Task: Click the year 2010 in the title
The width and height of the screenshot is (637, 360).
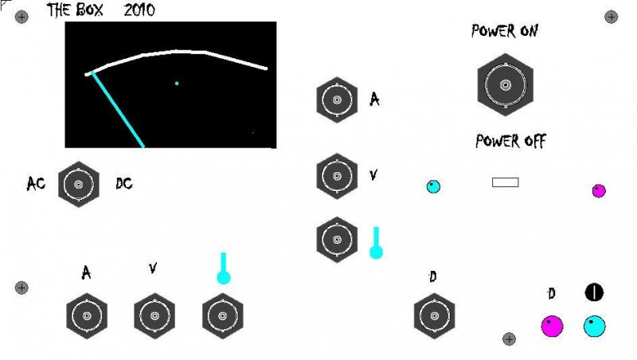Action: [x=139, y=11]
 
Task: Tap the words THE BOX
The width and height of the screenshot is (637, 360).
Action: [x=78, y=11]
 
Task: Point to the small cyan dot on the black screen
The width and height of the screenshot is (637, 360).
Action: [x=177, y=83]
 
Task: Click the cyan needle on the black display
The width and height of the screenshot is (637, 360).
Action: [x=118, y=110]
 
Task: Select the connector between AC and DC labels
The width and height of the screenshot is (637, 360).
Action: [x=79, y=185]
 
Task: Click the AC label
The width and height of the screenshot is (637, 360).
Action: [x=36, y=184]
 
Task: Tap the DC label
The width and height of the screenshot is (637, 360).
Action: [x=123, y=184]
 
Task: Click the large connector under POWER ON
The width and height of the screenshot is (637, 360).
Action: [x=505, y=84]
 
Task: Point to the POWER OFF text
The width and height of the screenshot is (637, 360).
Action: [x=510, y=142]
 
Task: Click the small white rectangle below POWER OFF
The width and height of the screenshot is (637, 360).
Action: [x=506, y=182]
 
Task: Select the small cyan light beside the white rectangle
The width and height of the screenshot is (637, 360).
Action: [x=433, y=187]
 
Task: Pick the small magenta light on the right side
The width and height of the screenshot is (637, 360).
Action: [x=599, y=190]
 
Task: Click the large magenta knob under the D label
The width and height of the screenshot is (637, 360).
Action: [x=551, y=326]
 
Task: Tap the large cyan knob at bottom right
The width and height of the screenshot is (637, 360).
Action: [x=594, y=326]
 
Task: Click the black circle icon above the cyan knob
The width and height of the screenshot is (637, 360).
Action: [x=595, y=292]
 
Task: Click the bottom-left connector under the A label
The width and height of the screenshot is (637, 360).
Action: [x=87, y=316]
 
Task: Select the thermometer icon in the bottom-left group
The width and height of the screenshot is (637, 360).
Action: [x=224, y=268]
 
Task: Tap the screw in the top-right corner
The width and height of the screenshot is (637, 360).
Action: [x=612, y=16]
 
